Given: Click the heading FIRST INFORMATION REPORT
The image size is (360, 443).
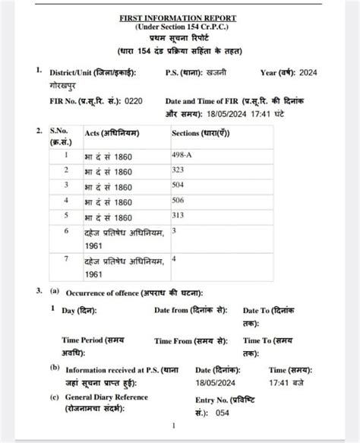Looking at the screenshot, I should point(178,17).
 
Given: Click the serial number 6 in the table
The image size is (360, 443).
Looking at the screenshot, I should point(66,230).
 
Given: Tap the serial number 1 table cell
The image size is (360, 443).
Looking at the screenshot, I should point(66,153).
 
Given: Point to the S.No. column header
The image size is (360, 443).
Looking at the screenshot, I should point(60,132).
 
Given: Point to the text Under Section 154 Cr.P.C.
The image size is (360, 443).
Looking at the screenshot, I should point(178,27).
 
